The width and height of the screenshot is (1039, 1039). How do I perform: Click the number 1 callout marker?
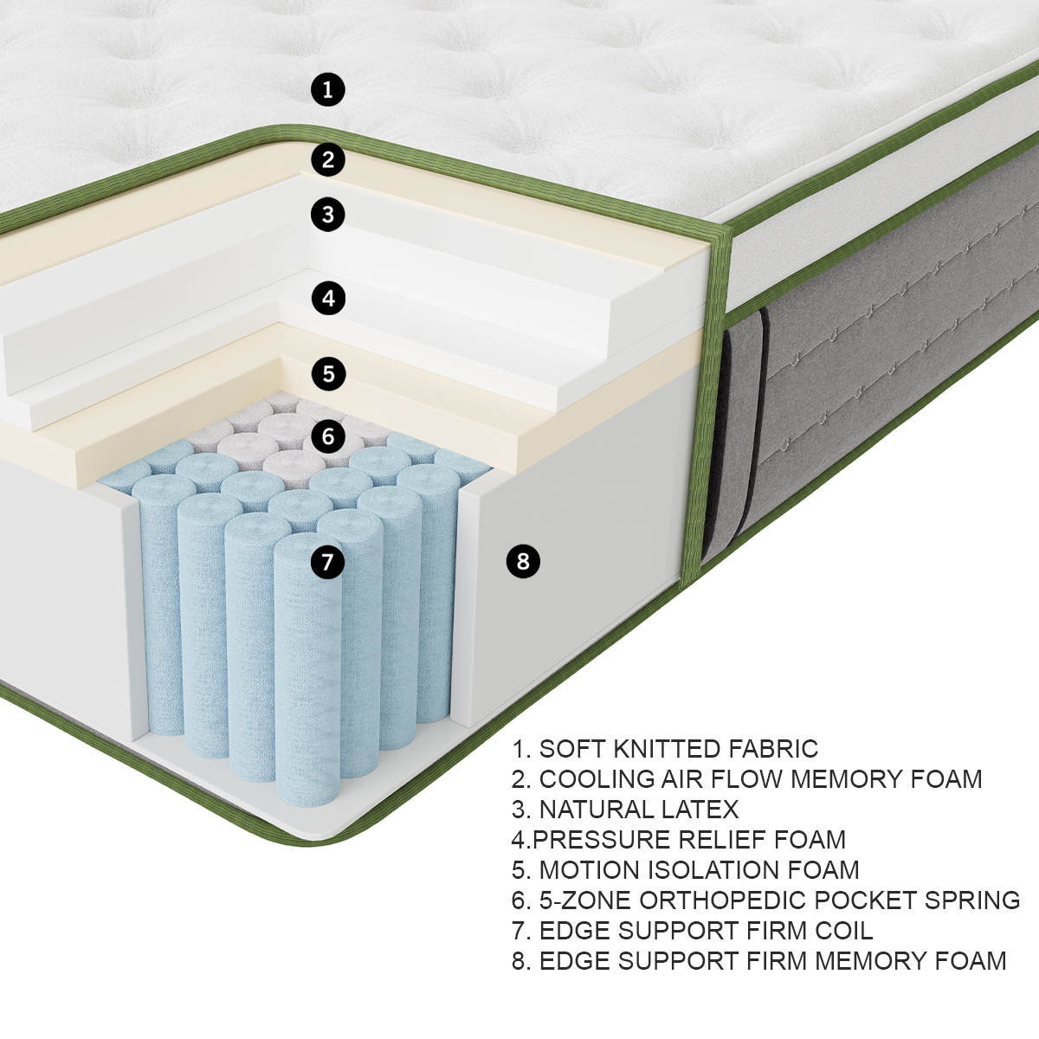[x=327, y=89]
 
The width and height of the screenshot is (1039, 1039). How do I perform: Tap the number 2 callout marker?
[x=327, y=159]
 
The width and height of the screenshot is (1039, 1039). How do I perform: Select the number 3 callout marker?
[x=327, y=215]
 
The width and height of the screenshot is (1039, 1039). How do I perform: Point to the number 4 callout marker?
[x=327, y=299]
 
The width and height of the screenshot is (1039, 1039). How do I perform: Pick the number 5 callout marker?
[x=327, y=374]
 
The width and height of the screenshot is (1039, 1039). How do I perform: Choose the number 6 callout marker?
[x=327, y=436]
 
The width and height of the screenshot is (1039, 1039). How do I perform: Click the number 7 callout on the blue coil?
[x=327, y=562]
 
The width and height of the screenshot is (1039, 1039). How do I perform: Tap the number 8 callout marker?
[x=522, y=561]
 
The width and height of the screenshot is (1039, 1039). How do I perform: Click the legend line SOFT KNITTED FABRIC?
[x=664, y=749]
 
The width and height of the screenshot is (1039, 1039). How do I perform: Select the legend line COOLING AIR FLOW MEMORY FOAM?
[x=746, y=779]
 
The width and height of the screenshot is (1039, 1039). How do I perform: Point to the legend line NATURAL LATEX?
[x=624, y=810]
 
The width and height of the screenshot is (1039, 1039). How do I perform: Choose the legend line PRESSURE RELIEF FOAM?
[x=678, y=840]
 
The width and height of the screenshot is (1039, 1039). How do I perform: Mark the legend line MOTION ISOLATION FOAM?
[x=685, y=870]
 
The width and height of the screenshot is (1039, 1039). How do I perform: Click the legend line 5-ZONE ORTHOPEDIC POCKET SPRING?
[x=765, y=900]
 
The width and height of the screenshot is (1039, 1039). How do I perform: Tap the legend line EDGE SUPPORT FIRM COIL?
[x=692, y=931]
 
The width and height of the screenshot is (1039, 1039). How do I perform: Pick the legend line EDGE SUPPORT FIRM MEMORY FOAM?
[x=758, y=961]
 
